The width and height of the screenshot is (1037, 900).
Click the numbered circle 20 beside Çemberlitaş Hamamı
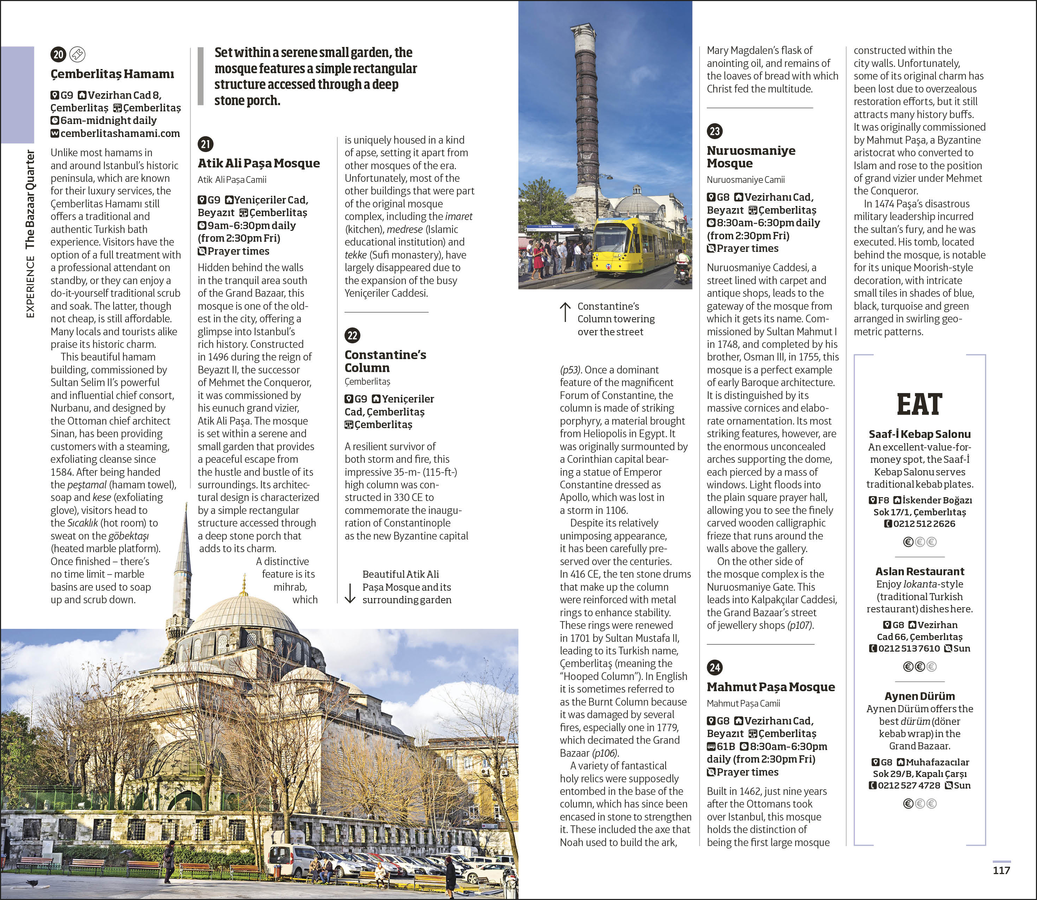click(x=58, y=54)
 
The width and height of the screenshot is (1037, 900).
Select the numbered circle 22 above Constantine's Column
click(x=353, y=336)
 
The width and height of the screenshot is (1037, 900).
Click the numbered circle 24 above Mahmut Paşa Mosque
click(x=715, y=667)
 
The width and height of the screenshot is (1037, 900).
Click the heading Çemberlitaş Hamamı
click(x=112, y=74)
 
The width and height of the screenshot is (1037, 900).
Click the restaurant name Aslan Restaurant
click(x=920, y=571)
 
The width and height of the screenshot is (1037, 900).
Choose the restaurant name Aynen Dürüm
click(x=920, y=696)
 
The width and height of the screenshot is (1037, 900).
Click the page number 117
click(x=1001, y=870)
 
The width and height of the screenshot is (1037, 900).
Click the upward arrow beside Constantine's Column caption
click(x=565, y=312)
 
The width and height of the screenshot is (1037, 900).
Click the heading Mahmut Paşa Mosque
click(x=771, y=687)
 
